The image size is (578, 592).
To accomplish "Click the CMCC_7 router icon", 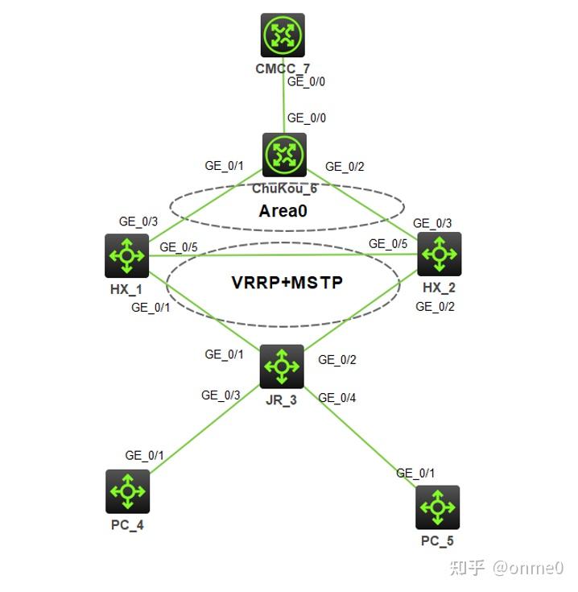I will (283, 35).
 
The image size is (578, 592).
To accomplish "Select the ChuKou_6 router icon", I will (284, 155).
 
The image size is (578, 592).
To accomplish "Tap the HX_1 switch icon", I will (127, 255).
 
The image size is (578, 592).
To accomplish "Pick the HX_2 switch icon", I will (439, 254).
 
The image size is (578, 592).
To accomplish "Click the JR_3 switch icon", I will (282, 366).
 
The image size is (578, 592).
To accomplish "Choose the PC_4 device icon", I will (127, 491).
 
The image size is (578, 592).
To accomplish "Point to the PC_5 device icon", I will (437, 507).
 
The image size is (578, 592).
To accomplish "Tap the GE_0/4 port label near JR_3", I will (336, 397).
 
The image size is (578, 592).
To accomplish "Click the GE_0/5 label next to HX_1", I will (178, 246).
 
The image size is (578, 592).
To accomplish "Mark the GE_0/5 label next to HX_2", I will (388, 243).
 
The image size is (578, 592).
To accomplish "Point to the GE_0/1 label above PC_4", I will (144, 455).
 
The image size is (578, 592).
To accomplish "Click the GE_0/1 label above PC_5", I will (415, 473).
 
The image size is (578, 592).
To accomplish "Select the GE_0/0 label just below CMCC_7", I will (307, 81).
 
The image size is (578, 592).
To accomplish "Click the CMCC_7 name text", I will (282, 68).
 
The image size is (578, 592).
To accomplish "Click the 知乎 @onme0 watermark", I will (506, 569).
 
